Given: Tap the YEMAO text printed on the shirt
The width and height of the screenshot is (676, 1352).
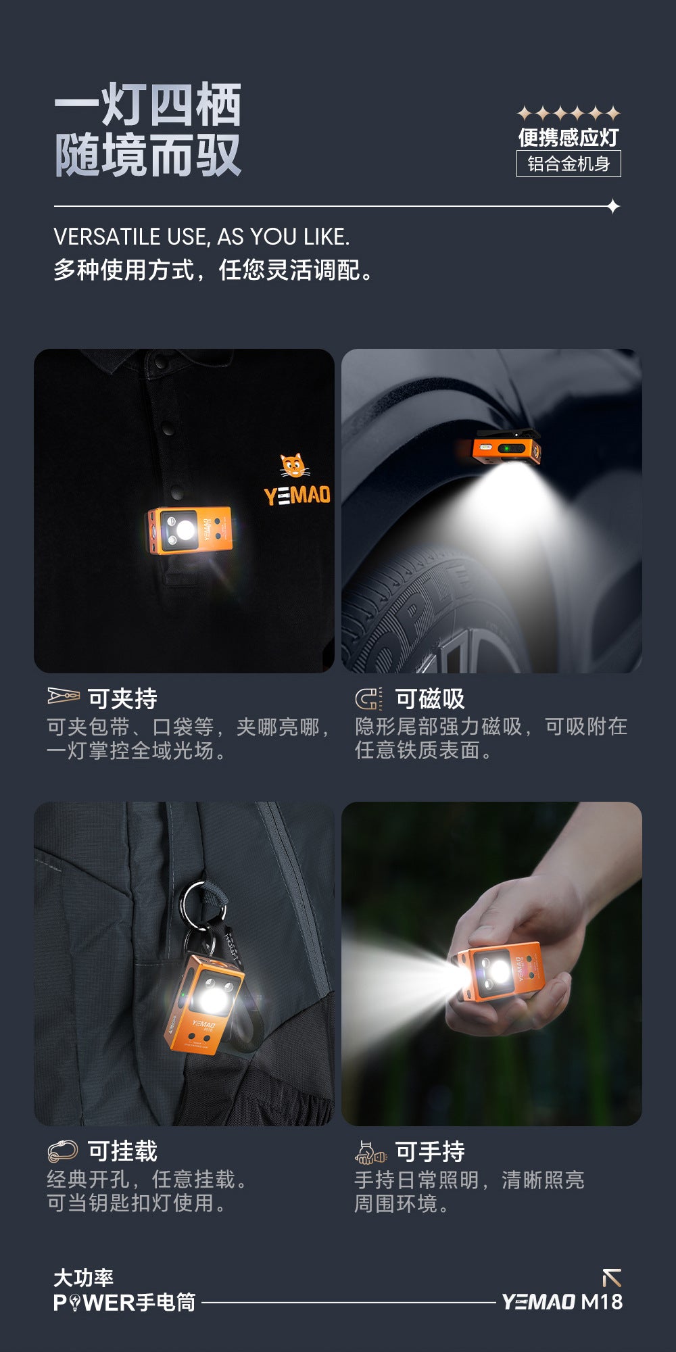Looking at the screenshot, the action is pyautogui.click(x=297, y=495).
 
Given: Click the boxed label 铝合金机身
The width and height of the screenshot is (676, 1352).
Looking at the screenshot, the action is pyautogui.click(x=569, y=164).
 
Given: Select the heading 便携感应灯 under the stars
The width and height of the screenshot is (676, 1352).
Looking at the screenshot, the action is pyautogui.click(x=569, y=137).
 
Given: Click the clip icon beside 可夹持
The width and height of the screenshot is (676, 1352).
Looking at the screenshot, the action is pyautogui.click(x=64, y=696).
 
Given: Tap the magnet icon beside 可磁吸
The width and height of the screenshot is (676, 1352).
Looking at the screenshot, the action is pyautogui.click(x=368, y=698).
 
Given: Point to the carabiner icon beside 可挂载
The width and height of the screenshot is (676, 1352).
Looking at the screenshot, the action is pyautogui.click(x=63, y=1150).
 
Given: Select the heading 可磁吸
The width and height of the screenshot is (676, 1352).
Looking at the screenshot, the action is pyautogui.click(x=430, y=698).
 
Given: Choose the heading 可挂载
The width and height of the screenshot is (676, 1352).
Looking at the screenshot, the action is pyautogui.click(x=122, y=1151).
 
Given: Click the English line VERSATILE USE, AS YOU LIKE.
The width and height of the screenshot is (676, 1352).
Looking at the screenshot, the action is pyautogui.click(x=201, y=237).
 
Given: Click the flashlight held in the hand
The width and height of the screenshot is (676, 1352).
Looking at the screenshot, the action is pyautogui.click(x=501, y=972).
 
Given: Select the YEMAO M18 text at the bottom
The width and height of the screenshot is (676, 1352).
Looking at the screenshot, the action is pyautogui.click(x=562, y=1302).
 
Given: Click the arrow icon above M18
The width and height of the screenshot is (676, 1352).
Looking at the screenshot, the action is pyautogui.click(x=612, y=1278).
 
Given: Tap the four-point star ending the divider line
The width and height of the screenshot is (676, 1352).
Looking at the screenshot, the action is pyautogui.click(x=612, y=206).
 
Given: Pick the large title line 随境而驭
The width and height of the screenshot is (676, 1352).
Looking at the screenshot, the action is pyautogui.click(x=147, y=155).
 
